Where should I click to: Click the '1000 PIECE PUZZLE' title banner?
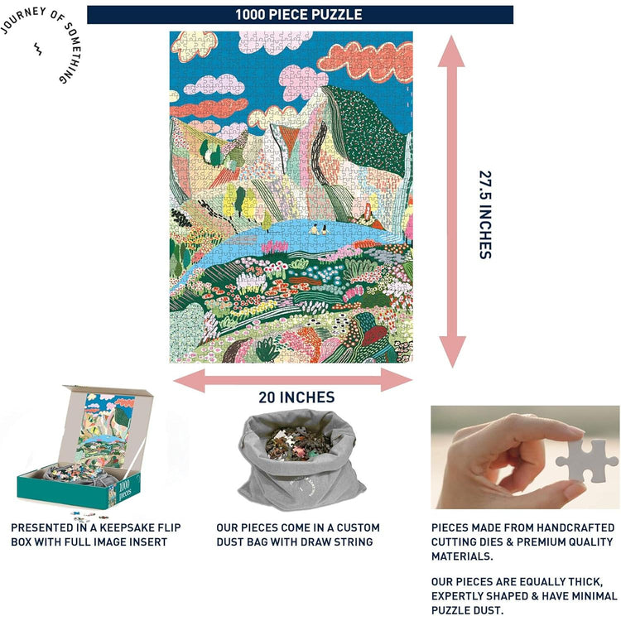click(300, 15)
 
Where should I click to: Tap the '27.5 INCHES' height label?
click(485, 214)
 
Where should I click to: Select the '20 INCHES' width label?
click(296, 397)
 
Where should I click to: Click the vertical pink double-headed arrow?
click(452, 201)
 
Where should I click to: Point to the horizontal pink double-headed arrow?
click(293, 380)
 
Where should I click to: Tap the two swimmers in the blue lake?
click(320, 229)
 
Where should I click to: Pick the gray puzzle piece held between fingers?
click(586, 460)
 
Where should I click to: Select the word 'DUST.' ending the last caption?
click(489, 610)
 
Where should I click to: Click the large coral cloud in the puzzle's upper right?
click(365, 60)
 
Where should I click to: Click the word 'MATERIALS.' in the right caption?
click(462, 556)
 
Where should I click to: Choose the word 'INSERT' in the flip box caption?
click(147, 542)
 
